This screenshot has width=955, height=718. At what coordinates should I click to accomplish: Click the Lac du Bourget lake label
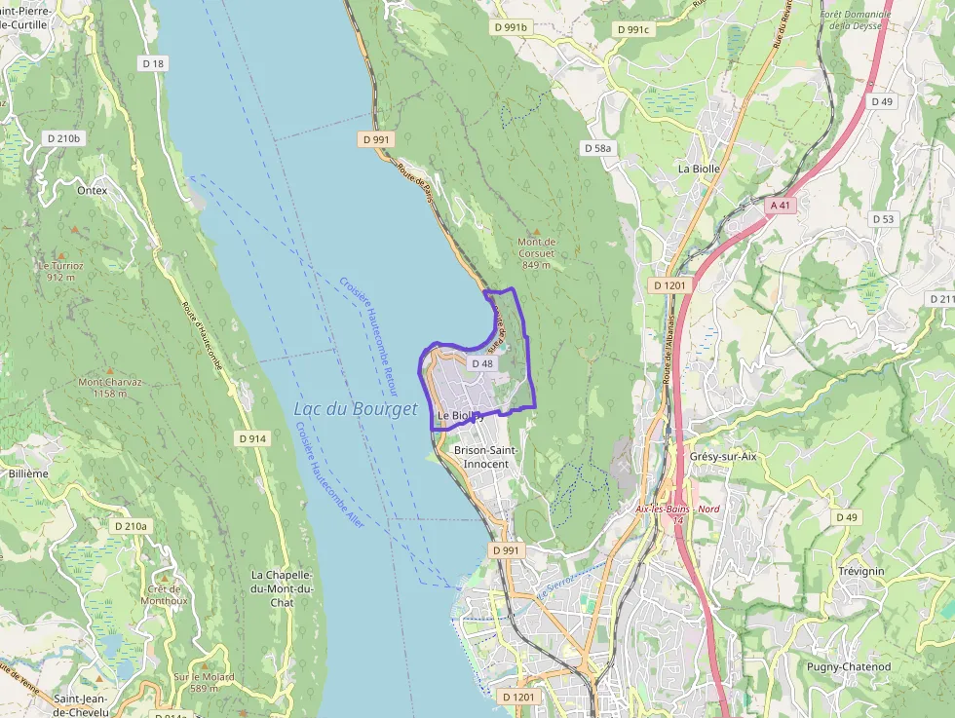pos(355,409)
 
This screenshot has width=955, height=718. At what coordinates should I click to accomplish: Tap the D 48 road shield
pos(483,363)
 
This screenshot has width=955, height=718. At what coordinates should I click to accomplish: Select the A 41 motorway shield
pos(780,206)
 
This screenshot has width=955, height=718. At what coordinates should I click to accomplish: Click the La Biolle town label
pos(699,169)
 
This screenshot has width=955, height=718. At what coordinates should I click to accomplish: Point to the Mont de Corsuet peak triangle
pos(536,231)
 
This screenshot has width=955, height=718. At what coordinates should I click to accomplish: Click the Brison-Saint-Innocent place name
pos(485,457)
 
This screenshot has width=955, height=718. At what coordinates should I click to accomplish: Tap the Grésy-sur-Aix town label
pos(723,456)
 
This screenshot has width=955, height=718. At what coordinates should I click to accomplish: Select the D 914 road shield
pos(251,439)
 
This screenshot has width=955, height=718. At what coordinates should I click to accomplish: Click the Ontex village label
pos(92,191)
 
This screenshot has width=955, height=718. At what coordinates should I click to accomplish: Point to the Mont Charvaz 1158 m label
pos(109,388)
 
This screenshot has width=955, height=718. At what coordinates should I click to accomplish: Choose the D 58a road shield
pos(597,148)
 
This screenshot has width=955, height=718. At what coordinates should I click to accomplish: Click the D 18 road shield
pos(153,63)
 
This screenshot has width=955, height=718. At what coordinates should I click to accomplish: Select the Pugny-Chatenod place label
pos(848,666)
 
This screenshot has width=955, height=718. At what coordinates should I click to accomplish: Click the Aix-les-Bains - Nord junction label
pos(677,509)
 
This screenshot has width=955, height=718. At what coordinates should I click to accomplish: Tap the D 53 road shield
pos(883,219)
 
